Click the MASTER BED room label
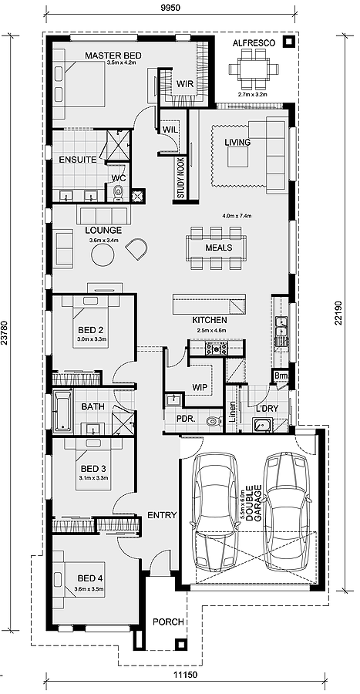(x=113, y=56)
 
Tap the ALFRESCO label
(x=254, y=43)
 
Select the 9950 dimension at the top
(x=170, y=8)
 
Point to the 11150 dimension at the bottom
(x=185, y=675)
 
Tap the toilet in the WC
(x=119, y=193)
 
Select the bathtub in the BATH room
(x=62, y=412)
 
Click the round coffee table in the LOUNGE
(x=103, y=254)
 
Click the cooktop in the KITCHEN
(x=216, y=349)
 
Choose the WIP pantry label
(x=199, y=387)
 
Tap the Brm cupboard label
(x=281, y=376)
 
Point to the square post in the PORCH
(x=180, y=644)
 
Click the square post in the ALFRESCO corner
(x=289, y=42)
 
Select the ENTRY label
(x=162, y=515)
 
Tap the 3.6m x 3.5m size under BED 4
(x=89, y=588)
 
